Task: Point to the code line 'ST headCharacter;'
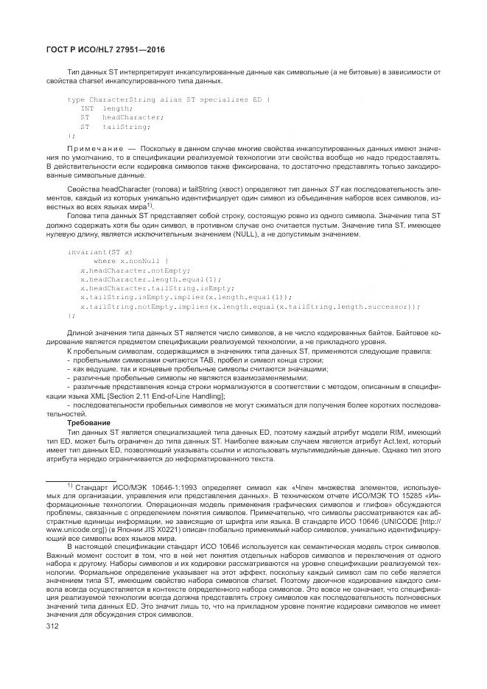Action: [x=111, y=117]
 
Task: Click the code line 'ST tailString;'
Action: [x=107, y=127]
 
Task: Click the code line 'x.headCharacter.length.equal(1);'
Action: [x=140, y=279]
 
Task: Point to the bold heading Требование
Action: [x=88, y=423]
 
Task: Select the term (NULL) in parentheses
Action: [x=269, y=234]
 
